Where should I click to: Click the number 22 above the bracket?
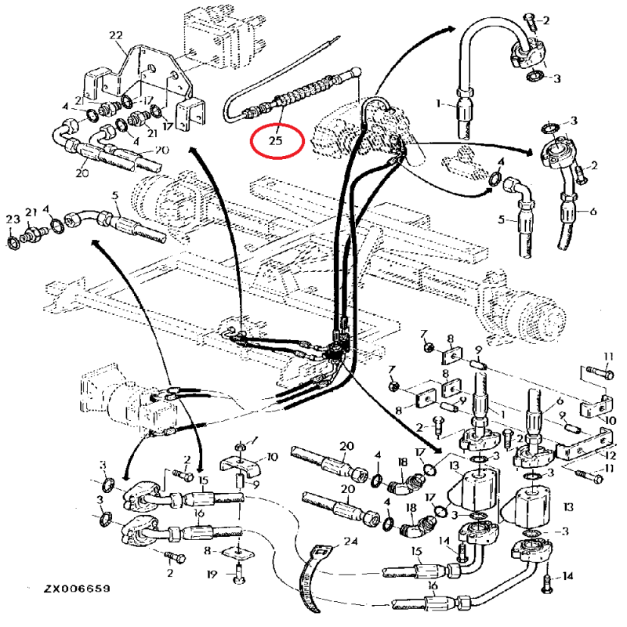pos(116,35)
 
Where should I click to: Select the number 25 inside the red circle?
pos(274,140)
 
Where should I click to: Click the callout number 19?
pos(212,575)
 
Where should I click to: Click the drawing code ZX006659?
pos(76,588)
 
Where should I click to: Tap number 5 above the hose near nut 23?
pos(114,196)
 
